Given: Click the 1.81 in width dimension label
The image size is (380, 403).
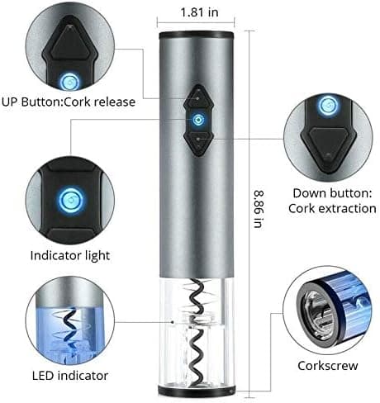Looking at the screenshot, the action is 199,12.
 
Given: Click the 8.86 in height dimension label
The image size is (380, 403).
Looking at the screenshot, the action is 259,209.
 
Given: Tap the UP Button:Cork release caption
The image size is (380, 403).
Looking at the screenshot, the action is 69,102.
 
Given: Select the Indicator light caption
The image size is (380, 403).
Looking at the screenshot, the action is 70,256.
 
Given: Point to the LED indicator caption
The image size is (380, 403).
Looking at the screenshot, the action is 70,376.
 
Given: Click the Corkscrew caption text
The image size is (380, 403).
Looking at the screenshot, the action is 328,366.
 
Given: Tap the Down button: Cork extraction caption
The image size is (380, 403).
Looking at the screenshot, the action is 332,201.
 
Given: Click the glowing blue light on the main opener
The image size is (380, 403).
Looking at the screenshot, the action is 197,120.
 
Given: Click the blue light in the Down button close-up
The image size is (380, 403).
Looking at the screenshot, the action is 328,105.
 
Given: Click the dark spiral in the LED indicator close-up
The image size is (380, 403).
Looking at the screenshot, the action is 68,329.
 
